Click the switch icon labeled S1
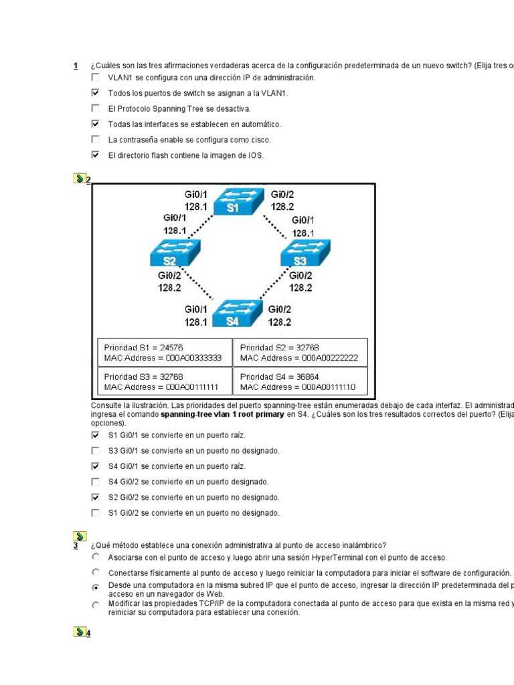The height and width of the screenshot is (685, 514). click(x=238, y=201)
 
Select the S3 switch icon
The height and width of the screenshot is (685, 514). click(x=302, y=255)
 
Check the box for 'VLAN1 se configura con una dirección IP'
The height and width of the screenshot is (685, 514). click(x=95, y=78)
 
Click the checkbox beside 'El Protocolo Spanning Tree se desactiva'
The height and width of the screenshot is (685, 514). click(x=95, y=108)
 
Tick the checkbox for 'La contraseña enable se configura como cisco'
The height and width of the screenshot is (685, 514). click(x=95, y=140)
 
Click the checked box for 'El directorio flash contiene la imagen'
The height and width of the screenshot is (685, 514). click(x=95, y=155)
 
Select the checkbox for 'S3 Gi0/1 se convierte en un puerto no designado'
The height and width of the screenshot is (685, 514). click(x=95, y=451)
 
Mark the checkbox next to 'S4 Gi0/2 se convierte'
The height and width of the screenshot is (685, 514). click(x=95, y=482)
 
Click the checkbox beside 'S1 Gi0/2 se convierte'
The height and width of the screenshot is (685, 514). click(x=95, y=513)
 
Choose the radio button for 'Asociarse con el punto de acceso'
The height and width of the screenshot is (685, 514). click(x=95, y=557)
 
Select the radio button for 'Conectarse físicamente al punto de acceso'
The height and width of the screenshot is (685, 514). click(x=95, y=573)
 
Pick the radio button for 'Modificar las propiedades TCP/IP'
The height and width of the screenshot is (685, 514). click(x=95, y=605)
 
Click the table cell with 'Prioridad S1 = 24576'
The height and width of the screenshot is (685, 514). click(x=164, y=352)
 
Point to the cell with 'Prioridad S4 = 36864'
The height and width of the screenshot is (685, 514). click(x=300, y=381)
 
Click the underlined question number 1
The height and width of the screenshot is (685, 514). click(x=76, y=66)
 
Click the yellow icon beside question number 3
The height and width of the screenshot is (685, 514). click(x=78, y=536)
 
